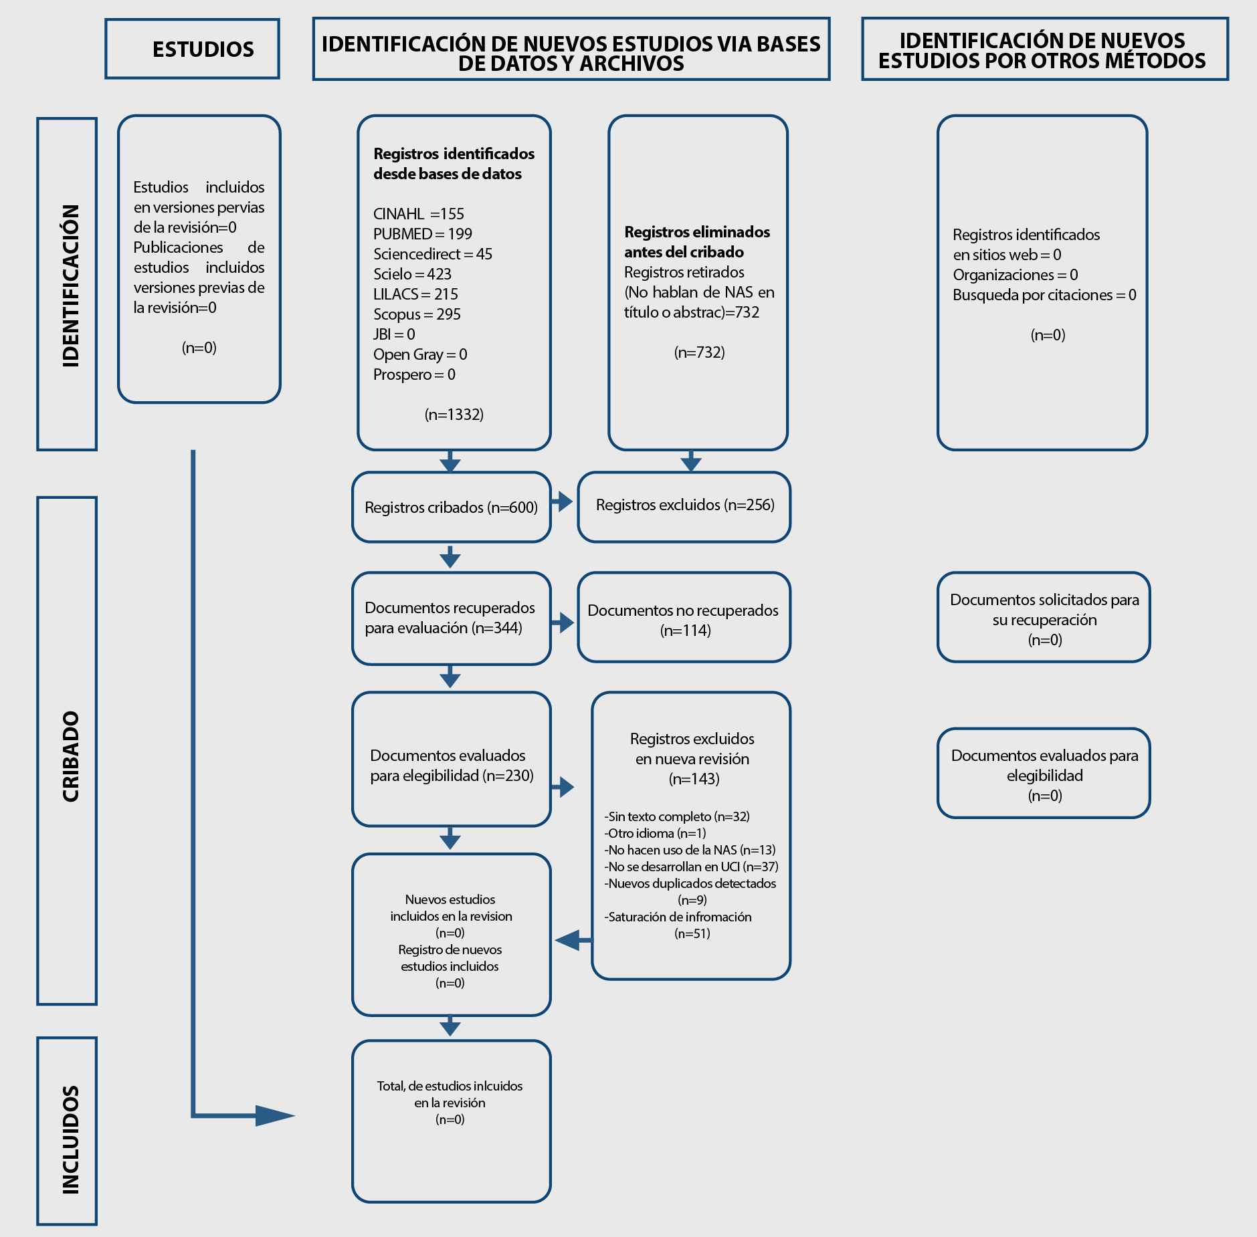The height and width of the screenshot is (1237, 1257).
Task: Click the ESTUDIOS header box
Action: [192, 49]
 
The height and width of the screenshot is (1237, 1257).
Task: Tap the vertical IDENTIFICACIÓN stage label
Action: [70, 286]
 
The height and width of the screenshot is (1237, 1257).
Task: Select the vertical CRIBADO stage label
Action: [70, 756]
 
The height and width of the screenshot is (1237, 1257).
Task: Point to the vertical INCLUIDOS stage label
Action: [70, 1139]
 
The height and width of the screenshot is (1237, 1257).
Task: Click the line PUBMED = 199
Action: [423, 234]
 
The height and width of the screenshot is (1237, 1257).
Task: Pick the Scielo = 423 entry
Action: [412, 274]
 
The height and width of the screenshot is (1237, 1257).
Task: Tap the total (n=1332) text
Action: [454, 415]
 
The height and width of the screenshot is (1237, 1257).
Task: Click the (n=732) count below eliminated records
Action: [699, 352]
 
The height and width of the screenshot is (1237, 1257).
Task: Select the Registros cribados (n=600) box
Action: [452, 507]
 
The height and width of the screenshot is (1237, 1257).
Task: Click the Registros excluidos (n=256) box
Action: [684, 506]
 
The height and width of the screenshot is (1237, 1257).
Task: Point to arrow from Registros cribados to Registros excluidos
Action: [562, 501]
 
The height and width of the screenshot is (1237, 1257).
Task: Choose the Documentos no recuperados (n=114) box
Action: [684, 617]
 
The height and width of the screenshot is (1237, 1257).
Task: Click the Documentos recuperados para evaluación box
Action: [452, 618]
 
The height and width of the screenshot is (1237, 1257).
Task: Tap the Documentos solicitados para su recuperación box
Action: [1044, 617]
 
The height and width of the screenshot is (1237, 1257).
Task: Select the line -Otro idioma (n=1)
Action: [655, 833]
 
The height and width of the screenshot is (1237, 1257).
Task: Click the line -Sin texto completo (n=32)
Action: [677, 816]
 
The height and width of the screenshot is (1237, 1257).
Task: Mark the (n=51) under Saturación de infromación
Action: [692, 933]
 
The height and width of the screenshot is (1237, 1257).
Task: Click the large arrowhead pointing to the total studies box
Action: [275, 1115]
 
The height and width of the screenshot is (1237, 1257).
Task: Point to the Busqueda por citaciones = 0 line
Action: [1044, 295]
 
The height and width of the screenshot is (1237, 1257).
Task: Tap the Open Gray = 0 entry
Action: [420, 354]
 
